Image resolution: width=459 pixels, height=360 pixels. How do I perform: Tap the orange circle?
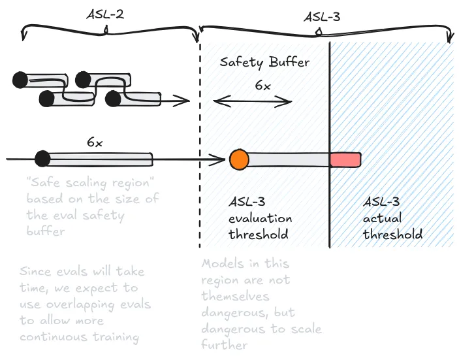[x=239, y=159]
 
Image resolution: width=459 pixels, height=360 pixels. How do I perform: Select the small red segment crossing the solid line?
[x=345, y=159]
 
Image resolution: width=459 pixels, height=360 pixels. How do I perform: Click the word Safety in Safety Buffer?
[x=241, y=63]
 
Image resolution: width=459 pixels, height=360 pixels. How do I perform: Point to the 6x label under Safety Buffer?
[x=262, y=86]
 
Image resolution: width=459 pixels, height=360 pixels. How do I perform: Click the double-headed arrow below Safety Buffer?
[x=253, y=101]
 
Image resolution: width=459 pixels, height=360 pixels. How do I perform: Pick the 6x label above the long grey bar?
[x=95, y=141]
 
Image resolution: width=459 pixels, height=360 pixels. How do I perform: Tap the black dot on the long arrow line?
[x=42, y=158]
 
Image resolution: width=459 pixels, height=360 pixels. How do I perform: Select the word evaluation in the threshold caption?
[x=260, y=218]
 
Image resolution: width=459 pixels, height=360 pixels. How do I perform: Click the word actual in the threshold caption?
[x=383, y=218]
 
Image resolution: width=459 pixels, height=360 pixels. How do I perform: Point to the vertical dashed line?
[x=199, y=196]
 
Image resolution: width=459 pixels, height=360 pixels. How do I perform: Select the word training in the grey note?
[x=118, y=337]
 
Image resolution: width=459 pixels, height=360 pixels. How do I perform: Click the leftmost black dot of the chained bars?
[x=20, y=80]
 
